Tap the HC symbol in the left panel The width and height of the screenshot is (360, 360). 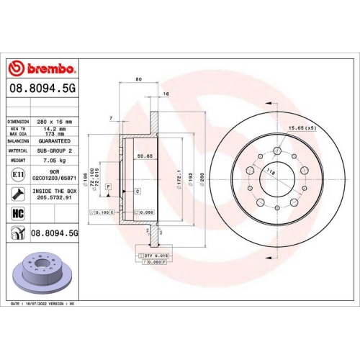point(17,214)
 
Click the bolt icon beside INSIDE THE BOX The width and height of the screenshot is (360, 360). point(17,193)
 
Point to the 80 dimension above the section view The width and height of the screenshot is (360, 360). point(137,79)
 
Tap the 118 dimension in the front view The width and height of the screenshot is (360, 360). point(271,173)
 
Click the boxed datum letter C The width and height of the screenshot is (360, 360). point(137,190)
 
